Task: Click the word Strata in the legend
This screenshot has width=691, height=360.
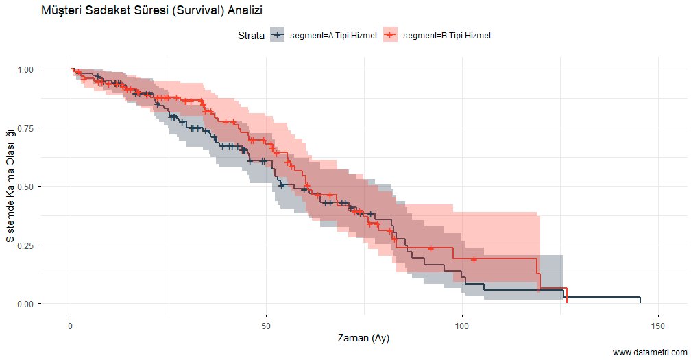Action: (x=251, y=35)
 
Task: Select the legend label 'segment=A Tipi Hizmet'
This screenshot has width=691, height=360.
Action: (x=334, y=35)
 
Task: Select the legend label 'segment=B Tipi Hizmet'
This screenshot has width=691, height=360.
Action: (x=447, y=35)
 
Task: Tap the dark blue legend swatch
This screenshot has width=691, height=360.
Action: (x=277, y=35)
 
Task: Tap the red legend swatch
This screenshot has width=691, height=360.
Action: (x=390, y=35)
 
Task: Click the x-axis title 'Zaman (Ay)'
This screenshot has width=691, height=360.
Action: (x=364, y=338)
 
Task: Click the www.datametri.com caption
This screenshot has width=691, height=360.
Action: (x=649, y=352)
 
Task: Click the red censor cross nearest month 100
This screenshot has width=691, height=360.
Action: (x=474, y=259)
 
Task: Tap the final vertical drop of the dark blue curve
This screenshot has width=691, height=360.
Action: (x=640, y=300)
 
